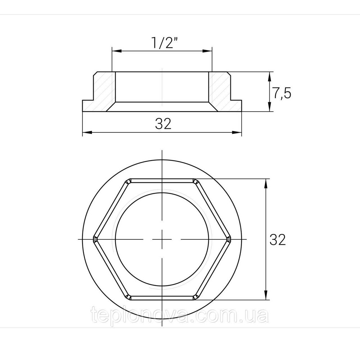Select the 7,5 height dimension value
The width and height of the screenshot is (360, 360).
point(281,93)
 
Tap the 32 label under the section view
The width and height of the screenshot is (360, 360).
point(163,124)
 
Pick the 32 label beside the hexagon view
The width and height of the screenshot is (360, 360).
point(278,239)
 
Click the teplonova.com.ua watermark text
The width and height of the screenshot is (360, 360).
point(180,316)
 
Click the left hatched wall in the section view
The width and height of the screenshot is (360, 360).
point(104,90)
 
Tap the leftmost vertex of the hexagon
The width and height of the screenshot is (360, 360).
point(94,239)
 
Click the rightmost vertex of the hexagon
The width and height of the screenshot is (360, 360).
point(229,239)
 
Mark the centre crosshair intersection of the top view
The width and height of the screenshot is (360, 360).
point(162,239)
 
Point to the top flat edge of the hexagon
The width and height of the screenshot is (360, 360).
point(162,179)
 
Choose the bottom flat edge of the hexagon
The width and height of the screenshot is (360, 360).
point(162,299)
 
